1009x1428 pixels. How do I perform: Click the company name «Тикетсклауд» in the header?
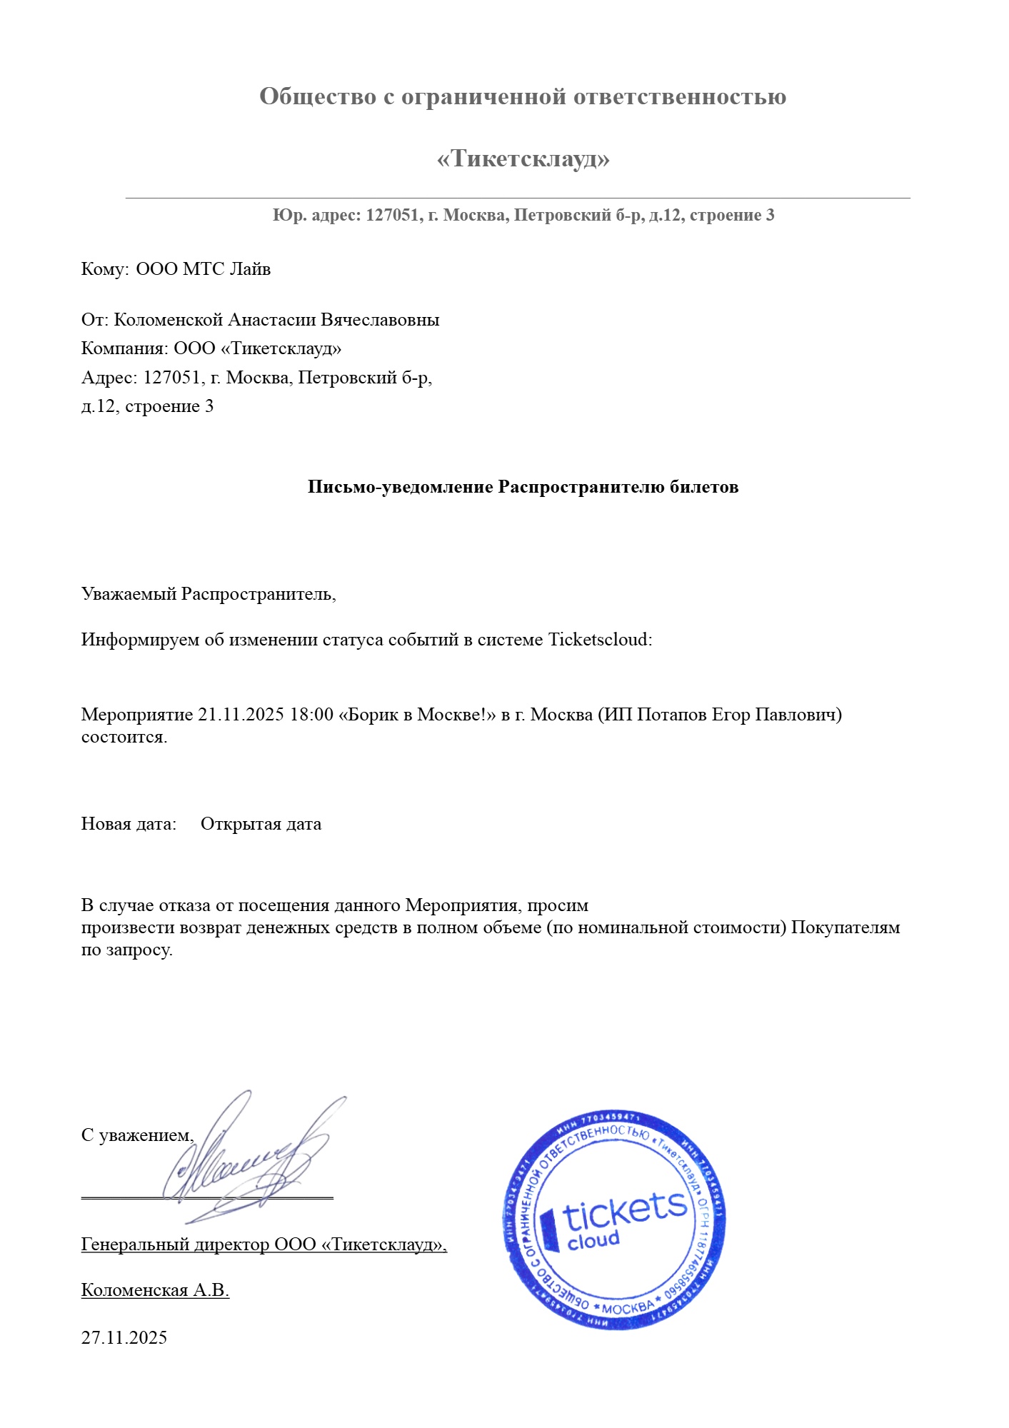tap(523, 159)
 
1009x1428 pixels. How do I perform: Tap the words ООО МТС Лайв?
tap(204, 269)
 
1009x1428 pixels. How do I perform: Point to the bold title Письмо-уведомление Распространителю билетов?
tap(523, 487)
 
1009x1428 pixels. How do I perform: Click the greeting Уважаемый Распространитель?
tap(209, 594)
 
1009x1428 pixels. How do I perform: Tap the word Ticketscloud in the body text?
tap(598, 639)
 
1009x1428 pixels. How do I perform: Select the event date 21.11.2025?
tap(241, 715)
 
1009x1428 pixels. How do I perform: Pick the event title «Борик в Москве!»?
tap(417, 715)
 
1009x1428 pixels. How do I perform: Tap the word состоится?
tap(124, 737)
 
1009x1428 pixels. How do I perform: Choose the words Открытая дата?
tap(261, 824)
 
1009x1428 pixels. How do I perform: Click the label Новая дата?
tap(129, 824)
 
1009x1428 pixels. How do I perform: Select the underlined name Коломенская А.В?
tap(155, 1290)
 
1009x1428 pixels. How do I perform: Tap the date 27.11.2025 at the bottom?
tap(124, 1337)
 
